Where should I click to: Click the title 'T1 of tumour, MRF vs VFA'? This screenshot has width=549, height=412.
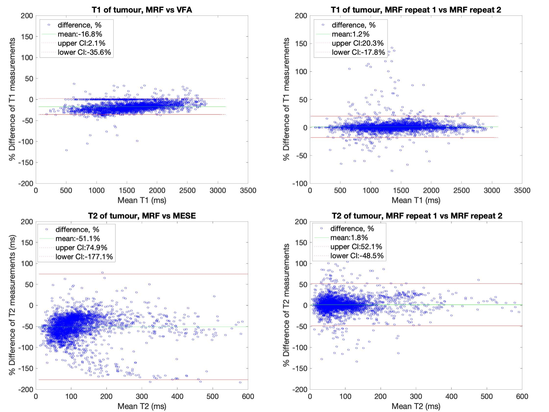(x=142, y=10)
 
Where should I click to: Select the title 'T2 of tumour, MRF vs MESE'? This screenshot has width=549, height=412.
(x=142, y=216)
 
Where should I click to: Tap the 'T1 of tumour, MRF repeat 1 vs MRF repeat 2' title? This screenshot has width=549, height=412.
(x=416, y=10)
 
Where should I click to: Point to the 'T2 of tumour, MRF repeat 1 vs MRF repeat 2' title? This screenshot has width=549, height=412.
(x=417, y=216)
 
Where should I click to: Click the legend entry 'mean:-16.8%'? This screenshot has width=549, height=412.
(x=80, y=34)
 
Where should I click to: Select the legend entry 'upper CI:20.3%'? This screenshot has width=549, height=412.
(x=357, y=43)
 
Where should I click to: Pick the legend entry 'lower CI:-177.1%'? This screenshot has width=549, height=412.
(x=84, y=256)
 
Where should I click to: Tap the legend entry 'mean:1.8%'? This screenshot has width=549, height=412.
(x=349, y=238)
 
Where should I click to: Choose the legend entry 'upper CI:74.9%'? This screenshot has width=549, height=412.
(x=81, y=248)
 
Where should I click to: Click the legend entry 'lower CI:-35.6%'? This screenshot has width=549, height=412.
(x=84, y=52)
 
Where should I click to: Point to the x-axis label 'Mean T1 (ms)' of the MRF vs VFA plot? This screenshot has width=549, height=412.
(x=142, y=200)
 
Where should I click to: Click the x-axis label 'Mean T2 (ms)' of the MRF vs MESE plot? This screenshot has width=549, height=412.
(x=142, y=406)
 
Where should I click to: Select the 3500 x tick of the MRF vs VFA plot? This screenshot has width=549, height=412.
(x=248, y=190)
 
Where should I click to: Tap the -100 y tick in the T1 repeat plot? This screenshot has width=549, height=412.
(x=300, y=183)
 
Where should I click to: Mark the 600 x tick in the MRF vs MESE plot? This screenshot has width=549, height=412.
(x=248, y=396)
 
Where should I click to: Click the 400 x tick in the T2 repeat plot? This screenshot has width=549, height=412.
(x=451, y=396)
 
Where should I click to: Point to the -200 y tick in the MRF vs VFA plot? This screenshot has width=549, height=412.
(x=26, y=183)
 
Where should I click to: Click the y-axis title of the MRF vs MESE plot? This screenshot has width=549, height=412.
(x=12, y=305)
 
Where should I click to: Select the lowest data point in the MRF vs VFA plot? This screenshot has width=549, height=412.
(x=66, y=150)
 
